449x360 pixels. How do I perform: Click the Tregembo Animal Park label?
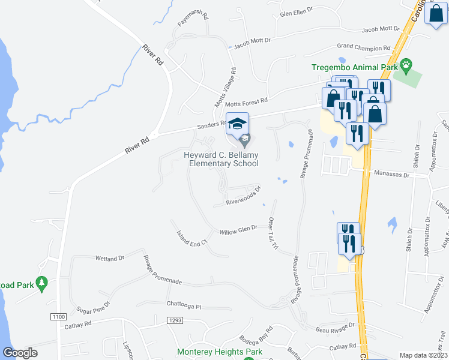point(355,68)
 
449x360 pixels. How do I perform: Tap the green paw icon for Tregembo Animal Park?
point(407,63)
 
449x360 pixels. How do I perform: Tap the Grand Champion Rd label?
point(360,46)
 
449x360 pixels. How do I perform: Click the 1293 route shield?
point(174,320)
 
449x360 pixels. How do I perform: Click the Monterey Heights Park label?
point(220,352)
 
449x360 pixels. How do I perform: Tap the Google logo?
point(20,353)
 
